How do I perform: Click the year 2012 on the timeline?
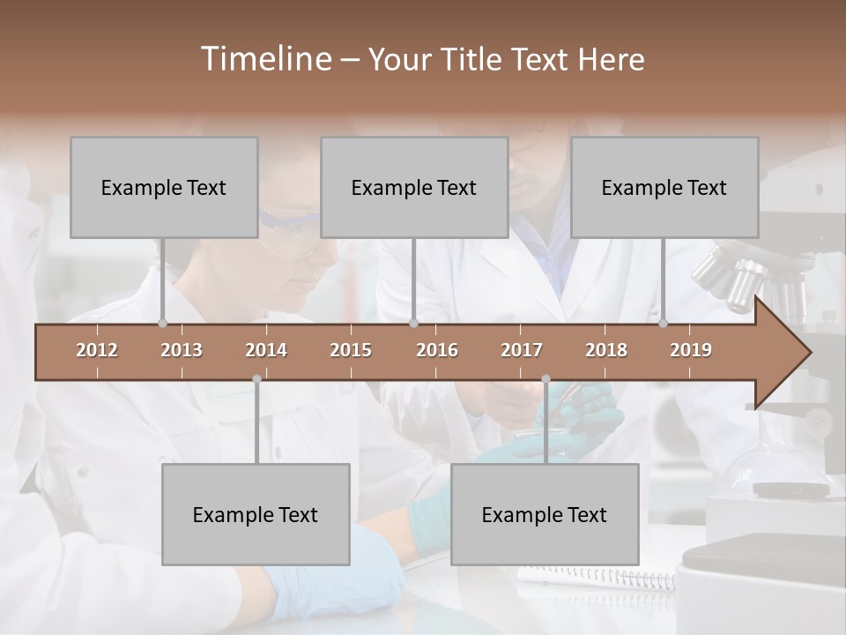tap(97, 350)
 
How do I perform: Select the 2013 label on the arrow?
tap(182, 350)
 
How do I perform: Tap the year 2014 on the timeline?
tap(266, 350)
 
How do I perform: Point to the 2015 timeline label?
tap(351, 350)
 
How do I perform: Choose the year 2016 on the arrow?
tap(437, 350)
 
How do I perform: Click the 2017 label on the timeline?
tap(522, 350)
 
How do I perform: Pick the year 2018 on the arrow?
tap(606, 350)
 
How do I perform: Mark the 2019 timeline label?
tap(691, 350)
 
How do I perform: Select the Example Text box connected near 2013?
tap(164, 187)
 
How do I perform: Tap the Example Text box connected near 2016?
tap(414, 187)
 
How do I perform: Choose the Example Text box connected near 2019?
tap(664, 187)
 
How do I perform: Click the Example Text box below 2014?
tap(256, 514)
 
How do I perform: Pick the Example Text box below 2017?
tap(545, 514)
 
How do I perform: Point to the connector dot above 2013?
tap(162, 323)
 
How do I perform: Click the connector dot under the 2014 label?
tap(256, 379)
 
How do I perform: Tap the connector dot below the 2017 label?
tap(545, 379)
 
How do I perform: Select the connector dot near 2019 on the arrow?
tap(663, 323)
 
